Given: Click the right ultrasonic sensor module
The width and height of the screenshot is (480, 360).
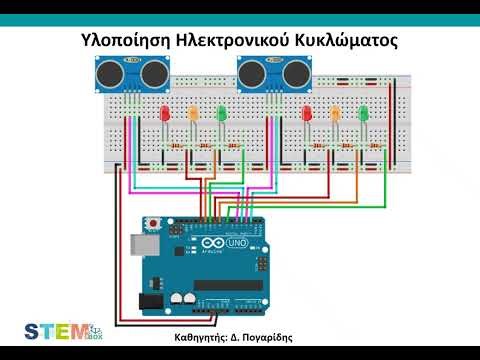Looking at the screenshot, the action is (271, 74).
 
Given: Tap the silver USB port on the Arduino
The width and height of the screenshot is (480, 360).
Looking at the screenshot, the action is (144, 243).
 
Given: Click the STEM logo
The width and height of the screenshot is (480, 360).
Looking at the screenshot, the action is (56, 332).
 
